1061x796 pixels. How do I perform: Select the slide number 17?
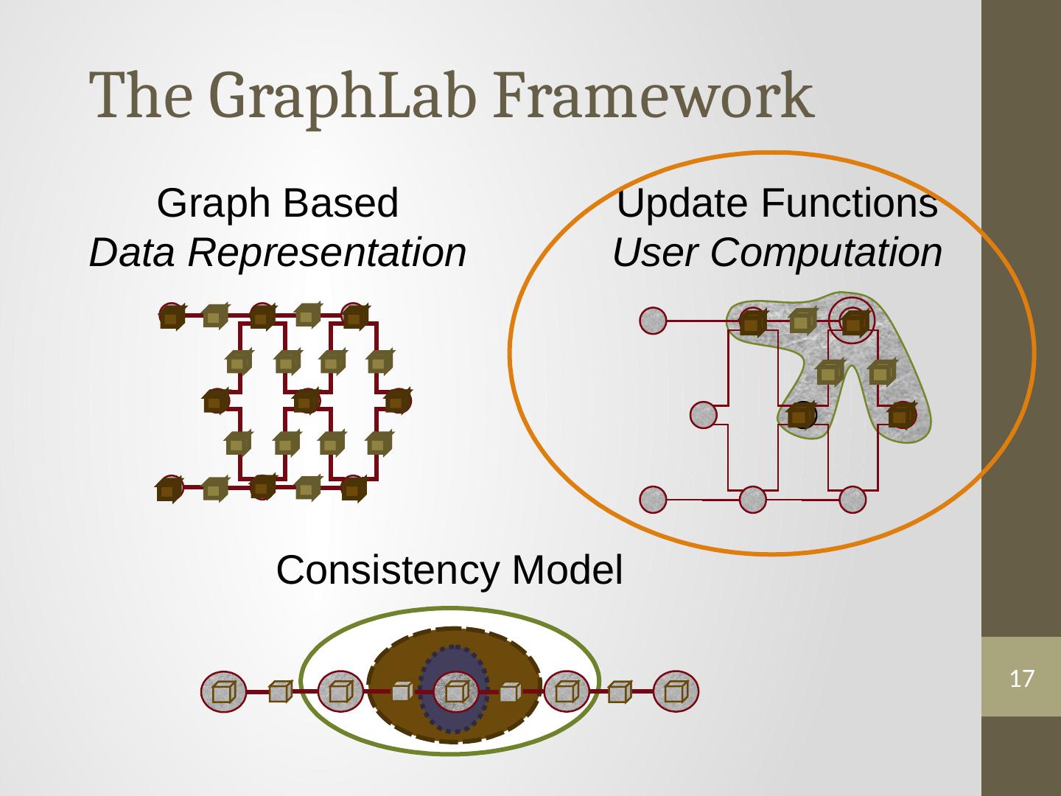(x=1020, y=678)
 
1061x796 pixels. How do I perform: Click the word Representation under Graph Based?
(x=326, y=254)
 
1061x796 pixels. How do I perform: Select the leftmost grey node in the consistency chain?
(x=222, y=692)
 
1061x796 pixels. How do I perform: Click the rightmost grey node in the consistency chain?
(x=676, y=692)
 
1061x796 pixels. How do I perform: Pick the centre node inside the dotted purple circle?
(x=455, y=691)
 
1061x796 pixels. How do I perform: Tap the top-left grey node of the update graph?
(x=653, y=321)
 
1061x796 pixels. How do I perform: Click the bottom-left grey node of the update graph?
(x=653, y=500)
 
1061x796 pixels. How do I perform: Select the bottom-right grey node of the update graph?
(x=852, y=500)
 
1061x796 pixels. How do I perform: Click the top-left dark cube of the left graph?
(x=171, y=317)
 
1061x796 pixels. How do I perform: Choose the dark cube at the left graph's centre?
(x=304, y=402)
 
